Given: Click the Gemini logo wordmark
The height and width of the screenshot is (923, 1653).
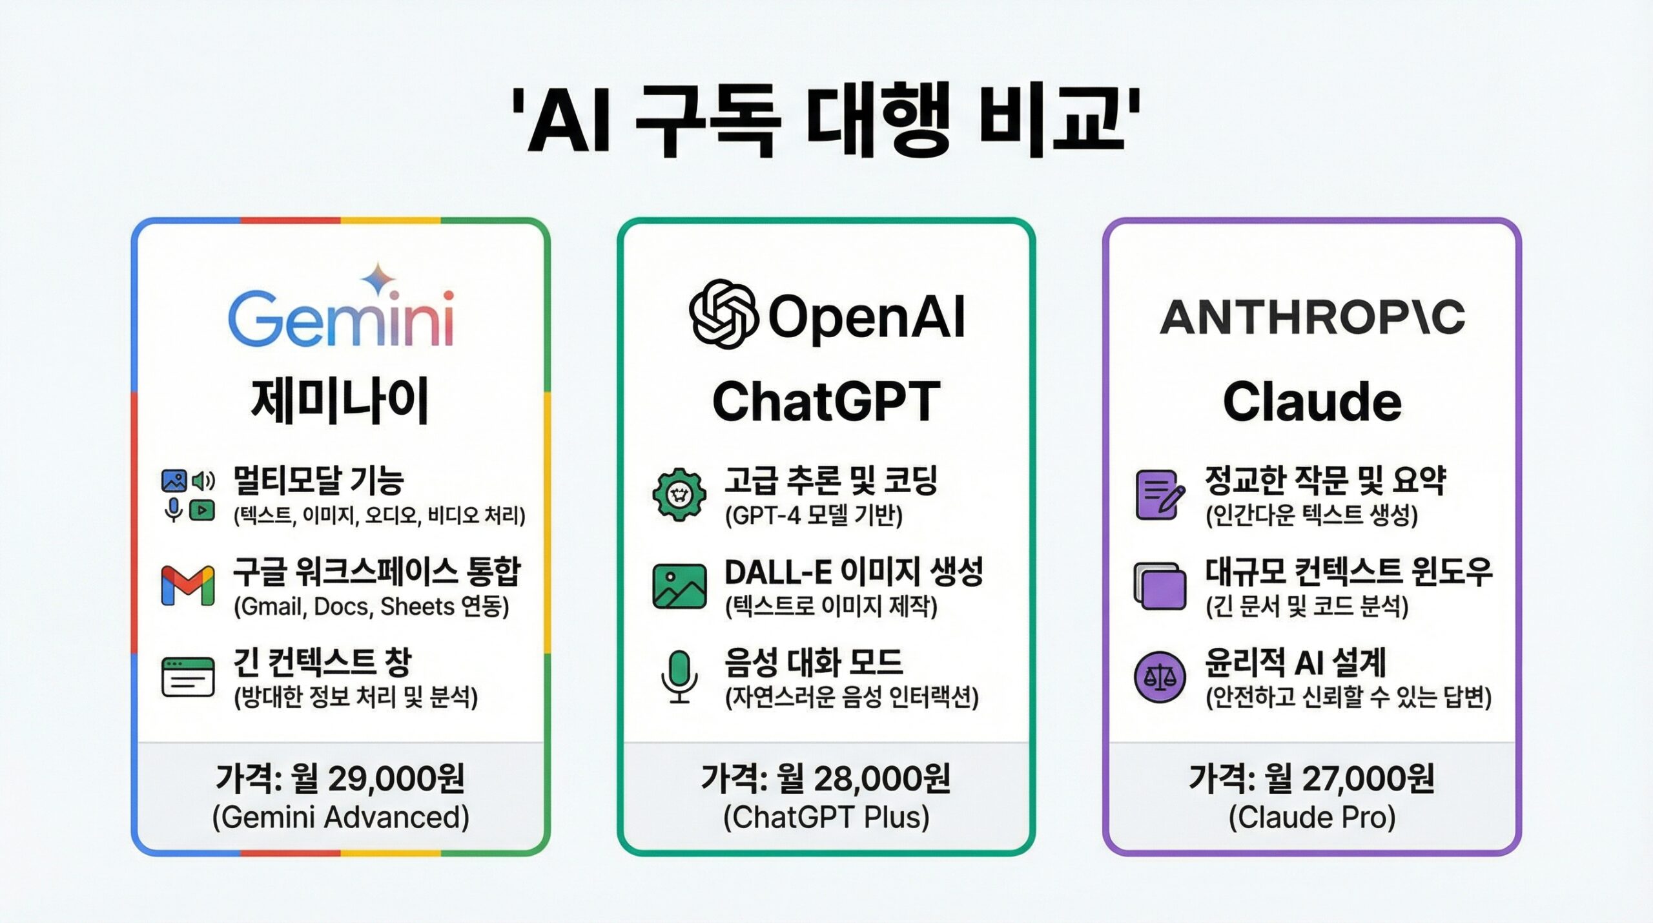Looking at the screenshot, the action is coord(341,319).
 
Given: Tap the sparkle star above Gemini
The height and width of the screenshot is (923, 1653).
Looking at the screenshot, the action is coord(378,278).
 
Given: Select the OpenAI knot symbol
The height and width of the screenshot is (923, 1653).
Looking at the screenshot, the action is coord(723,314).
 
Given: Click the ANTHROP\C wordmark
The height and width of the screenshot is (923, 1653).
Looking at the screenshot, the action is coord(1312,318).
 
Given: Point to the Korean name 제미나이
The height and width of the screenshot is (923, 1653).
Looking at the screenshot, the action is coord(340,401).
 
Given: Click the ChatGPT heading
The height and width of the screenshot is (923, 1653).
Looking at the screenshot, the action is coord(826,401).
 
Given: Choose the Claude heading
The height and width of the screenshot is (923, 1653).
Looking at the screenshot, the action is coord(1312,401).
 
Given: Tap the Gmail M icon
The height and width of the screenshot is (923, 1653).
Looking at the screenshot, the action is coord(188,585).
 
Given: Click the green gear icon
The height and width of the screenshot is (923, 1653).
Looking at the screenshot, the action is coord(679,495).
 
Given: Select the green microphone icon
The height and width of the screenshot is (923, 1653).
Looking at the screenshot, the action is coord(679,676).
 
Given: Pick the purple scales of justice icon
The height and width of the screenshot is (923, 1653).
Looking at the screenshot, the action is coord(1160,677).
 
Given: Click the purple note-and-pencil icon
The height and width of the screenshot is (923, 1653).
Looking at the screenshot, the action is coord(1160,495).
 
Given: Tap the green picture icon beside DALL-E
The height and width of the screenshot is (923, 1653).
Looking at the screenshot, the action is coord(679,586).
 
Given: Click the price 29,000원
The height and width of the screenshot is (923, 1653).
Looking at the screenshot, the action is coord(396,778).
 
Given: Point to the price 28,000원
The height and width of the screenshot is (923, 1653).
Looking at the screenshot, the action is coord(882,778).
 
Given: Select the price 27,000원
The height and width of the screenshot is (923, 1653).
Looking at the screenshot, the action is coord(1368,778).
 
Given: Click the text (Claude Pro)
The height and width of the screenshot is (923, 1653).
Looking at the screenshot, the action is coord(1312,818).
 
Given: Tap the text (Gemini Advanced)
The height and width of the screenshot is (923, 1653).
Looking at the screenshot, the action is coord(341,818).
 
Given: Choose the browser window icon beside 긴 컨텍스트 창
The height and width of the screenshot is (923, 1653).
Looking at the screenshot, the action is coord(188,677).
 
